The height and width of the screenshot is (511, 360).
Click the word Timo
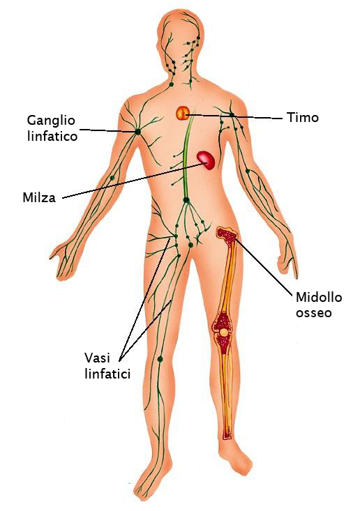coord(302,117)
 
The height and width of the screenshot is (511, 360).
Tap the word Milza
coord(39,197)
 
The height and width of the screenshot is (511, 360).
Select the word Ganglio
coord(51,121)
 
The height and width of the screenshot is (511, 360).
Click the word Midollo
coord(319,297)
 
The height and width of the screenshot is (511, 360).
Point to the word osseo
coord(314,313)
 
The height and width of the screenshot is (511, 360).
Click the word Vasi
coord(98,358)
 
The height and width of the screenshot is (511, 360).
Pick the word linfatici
coord(107,374)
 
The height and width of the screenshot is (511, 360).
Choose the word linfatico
coord(52,136)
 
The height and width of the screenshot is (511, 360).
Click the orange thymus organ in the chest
coord(183,113)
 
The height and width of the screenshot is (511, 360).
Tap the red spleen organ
coord(206,160)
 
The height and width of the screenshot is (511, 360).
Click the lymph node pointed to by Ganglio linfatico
coord(137,132)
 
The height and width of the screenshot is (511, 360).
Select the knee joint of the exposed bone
coord(224,332)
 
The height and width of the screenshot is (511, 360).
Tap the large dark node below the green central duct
coord(186,200)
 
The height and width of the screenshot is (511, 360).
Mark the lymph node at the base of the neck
coord(171,84)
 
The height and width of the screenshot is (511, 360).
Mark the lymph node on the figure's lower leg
coord(160,359)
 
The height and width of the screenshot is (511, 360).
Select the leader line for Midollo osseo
coord(264,266)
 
